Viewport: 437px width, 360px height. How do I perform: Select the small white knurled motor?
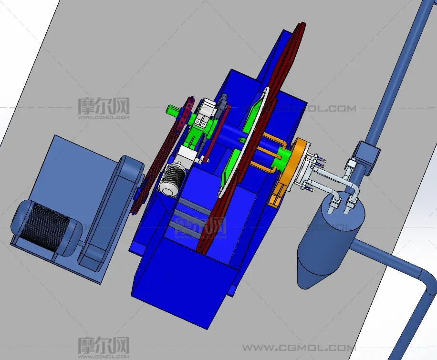pyautogui.click(x=172, y=180)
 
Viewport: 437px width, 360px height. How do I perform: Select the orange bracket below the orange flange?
pyautogui.click(x=278, y=195)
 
